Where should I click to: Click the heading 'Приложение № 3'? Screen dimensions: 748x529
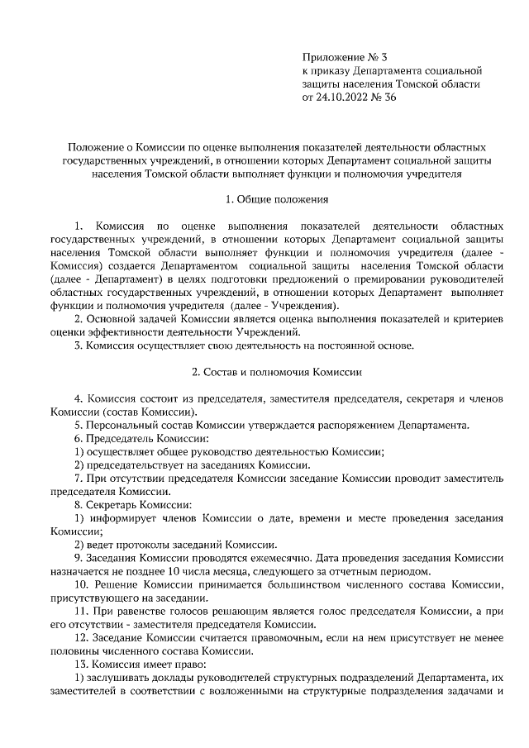pyautogui.click(x=346, y=58)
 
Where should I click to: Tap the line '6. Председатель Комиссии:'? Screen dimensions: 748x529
pyautogui.click(x=141, y=438)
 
